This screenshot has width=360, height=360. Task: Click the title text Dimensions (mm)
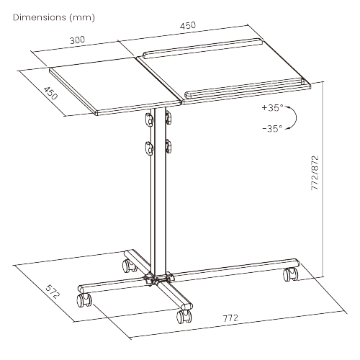tap(54, 17)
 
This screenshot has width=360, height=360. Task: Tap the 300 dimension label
tap(77, 40)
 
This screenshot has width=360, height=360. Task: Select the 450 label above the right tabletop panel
tap(188, 25)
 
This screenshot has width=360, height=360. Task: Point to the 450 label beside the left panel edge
tap(50, 93)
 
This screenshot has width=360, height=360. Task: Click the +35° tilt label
tap(273, 108)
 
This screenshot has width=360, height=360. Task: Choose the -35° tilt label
tap(273, 129)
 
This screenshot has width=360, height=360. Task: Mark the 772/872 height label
tap(315, 173)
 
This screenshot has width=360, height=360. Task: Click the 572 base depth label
tap(53, 292)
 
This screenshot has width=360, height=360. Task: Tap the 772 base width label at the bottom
tap(231, 318)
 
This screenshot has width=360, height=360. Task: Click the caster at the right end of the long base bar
tap(291, 274)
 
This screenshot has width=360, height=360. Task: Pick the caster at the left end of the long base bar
tap(84, 300)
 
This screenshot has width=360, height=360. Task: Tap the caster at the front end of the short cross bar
tap(184, 317)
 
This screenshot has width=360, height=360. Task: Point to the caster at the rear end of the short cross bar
tap(130, 266)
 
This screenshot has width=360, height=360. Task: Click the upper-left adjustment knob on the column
tap(149, 120)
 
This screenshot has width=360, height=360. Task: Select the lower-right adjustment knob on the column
tap(168, 146)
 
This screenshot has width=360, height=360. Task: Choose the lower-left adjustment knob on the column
tap(149, 148)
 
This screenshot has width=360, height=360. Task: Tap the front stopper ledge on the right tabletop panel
tap(244, 88)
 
